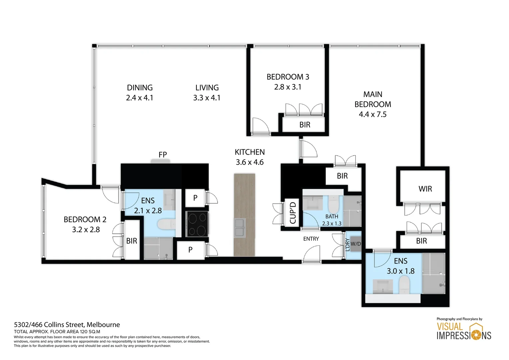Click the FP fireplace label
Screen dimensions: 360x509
pos(163,155)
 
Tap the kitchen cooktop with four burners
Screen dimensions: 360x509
pos(197,224)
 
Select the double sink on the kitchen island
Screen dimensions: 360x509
pos(240,228)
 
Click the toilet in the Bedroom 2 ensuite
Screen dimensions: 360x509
pos(166,224)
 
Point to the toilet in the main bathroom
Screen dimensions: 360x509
pos(333,204)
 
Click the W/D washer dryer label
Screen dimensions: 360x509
pos(355,244)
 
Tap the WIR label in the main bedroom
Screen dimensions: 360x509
pos(425,189)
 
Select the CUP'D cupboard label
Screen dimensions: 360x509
pos(293,213)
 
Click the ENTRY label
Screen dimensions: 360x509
pos(311,239)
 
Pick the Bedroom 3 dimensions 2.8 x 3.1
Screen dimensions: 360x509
pos(287,87)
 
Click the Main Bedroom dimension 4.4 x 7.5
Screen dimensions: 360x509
pos(372,114)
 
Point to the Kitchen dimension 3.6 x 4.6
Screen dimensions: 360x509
pos(250,162)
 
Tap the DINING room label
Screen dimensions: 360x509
pos(140,88)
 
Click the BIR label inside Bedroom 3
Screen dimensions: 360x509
pos(304,125)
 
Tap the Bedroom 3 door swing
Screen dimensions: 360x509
pos(260,126)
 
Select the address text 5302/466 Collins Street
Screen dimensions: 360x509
pos(67,325)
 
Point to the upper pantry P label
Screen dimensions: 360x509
pos(195,198)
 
